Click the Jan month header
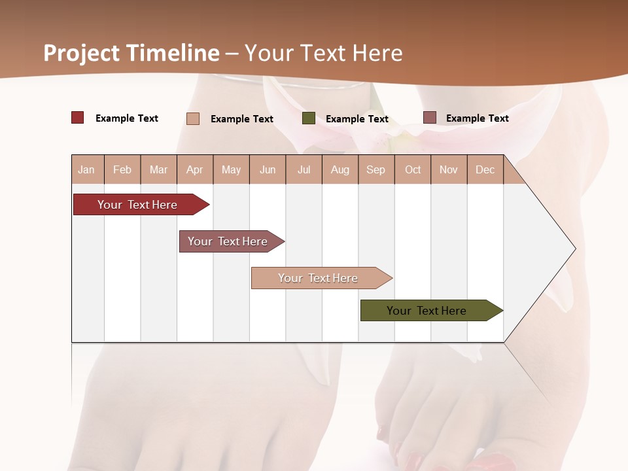click(86, 169)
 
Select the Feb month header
click(122, 169)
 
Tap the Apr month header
click(195, 169)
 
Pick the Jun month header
click(268, 169)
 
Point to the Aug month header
click(340, 169)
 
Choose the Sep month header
click(375, 169)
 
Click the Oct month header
click(413, 169)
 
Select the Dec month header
click(485, 169)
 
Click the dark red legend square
click(77, 118)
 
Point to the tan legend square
click(193, 118)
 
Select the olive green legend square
click(309, 118)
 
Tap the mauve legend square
click(430, 118)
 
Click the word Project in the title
click(82, 53)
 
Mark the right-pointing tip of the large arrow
click(574, 249)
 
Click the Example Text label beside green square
click(357, 119)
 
